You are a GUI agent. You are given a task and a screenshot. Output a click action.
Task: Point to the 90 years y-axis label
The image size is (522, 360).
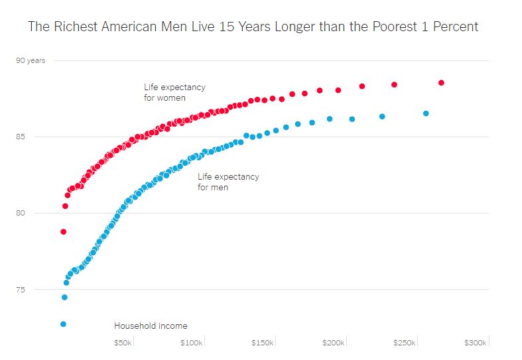click(x=31, y=60)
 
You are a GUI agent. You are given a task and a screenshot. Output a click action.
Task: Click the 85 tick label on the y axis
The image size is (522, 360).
click(x=21, y=137)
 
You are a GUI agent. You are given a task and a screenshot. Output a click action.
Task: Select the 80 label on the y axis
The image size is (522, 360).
click(x=21, y=213)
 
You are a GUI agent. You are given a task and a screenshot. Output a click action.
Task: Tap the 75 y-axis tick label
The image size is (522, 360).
click(x=21, y=290)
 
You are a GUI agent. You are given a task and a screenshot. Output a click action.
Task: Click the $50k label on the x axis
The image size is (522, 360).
click(x=123, y=343)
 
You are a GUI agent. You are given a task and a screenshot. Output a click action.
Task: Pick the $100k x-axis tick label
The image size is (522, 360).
click(x=192, y=343)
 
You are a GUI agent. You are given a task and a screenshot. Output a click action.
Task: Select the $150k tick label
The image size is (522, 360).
click(x=262, y=343)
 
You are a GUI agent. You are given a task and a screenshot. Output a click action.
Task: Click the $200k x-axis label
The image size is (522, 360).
click(x=333, y=343)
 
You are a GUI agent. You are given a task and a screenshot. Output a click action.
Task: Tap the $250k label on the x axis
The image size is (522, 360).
click(x=404, y=343)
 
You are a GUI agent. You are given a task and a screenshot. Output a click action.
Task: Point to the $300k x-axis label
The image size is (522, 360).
click(x=475, y=343)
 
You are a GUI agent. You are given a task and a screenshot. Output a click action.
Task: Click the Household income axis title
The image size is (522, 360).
click(x=151, y=326)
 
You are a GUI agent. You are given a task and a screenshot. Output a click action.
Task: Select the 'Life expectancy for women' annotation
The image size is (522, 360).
click(x=174, y=92)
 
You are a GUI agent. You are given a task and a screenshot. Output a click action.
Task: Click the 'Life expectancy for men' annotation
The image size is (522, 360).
click(x=228, y=182)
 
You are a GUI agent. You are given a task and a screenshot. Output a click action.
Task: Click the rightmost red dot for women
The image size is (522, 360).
click(x=441, y=83)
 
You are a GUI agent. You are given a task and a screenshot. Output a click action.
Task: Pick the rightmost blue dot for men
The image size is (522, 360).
click(x=426, y=113)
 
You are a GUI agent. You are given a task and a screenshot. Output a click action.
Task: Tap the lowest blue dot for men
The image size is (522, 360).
click(x=63, y=324)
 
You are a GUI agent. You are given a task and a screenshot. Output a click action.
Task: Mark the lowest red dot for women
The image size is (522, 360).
click(x=63, y=232)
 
